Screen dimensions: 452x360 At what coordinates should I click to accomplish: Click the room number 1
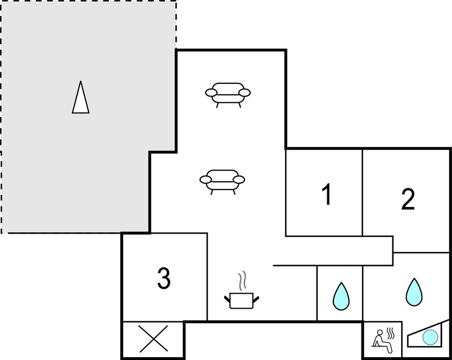click(327, 195)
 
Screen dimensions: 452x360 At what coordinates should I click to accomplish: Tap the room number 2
click(408, 199)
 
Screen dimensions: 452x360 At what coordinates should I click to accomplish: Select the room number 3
click(164, 278)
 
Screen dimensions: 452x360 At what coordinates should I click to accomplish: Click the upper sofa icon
click(228, 95)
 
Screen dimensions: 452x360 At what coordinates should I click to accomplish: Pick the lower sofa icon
click(222, 182)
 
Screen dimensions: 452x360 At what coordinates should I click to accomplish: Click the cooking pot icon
click(242, 300)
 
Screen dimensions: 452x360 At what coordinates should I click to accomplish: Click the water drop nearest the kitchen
click(341, 297)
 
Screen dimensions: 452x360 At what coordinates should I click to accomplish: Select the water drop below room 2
click(414, 292)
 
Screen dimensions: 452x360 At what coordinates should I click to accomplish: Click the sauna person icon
click(382, 342)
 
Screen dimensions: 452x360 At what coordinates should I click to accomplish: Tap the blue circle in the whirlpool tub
click(430, 337)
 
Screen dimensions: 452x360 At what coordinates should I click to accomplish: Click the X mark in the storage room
click(153, 339)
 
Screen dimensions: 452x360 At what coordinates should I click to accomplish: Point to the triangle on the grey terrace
click(81, 97)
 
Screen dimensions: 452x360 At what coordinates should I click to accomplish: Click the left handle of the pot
click(227, 299)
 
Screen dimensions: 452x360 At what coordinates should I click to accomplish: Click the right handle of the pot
click(256, 299)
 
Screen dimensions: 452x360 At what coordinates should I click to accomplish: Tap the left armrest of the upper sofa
click(211, 93)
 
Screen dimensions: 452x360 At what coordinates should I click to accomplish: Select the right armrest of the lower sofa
click(238, 179)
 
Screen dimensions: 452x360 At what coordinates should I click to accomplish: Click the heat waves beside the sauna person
click(391, 333)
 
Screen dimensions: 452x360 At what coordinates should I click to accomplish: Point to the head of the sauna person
click(380, 332)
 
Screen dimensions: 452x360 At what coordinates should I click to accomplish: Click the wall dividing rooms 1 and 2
click(363, 192)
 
